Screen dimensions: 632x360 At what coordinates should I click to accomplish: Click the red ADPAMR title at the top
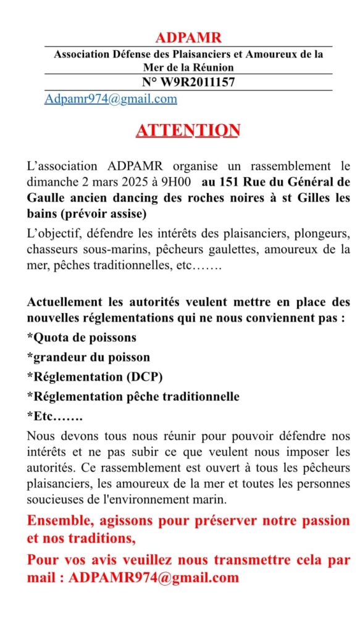point(188,38)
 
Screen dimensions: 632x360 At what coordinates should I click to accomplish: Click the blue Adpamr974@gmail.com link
point(111,99)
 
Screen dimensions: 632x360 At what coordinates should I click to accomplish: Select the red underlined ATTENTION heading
point(188,131)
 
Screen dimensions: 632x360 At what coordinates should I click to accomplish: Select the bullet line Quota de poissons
point(82,338)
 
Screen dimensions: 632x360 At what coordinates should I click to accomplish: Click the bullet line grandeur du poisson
point(88,357)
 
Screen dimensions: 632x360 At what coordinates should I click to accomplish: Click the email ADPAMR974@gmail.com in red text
point(154,578)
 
